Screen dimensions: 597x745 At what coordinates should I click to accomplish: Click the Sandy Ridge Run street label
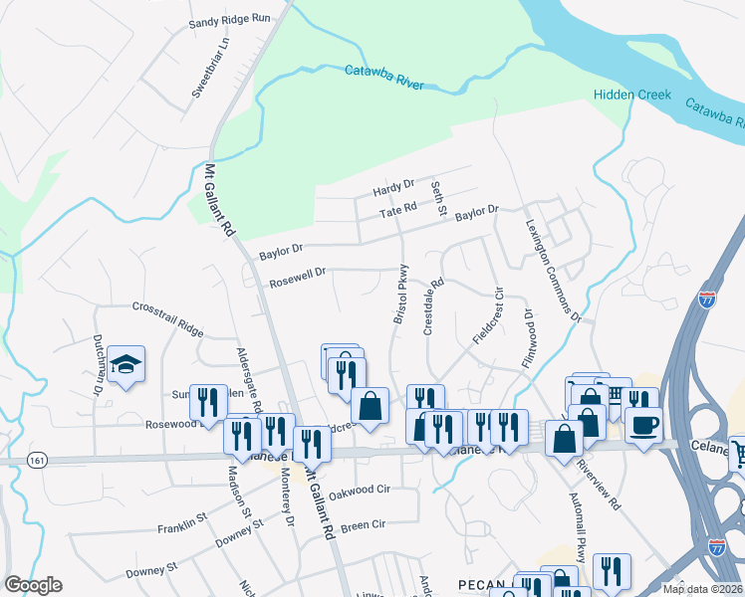[230, 19]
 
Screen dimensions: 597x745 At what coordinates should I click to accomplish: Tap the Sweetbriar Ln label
[210, 68]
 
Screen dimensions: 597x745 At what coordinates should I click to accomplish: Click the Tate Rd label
[396, 213]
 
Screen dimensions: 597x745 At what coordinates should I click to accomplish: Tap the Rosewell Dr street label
[297, 282]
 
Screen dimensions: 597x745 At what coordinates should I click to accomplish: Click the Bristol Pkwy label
[400, 293]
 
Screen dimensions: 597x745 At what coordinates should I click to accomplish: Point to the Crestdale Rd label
[430, 305]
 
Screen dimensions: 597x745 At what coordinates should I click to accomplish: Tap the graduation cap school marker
[126, 366]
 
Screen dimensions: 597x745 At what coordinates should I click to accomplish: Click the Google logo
[34, 585]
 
